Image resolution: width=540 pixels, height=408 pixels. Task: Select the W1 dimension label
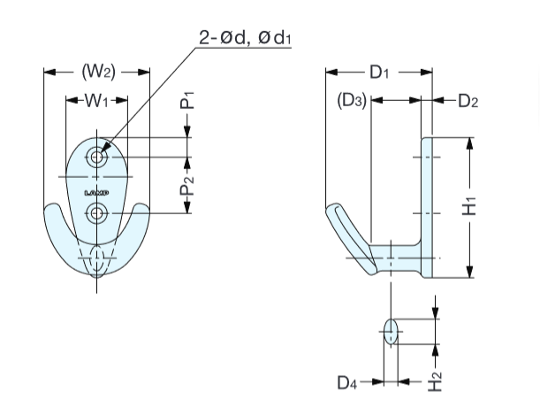pyautogui.click(x=96, y=101)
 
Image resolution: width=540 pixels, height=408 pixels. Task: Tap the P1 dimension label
pyautogui.click(x=188, y=98)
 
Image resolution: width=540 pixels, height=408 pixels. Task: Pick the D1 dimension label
pyautogui.click(x=379, y=73)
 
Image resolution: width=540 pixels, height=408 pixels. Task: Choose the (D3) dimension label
pyautogui.click(x=353, y=101)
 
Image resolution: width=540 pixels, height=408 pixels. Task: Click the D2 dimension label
pyautogui.click(x=468, y=101)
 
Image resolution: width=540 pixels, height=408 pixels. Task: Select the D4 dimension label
pyautogui.click(x=348, y=382)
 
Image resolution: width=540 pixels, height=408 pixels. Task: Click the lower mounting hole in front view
pyautogui.click(x=97, y=212)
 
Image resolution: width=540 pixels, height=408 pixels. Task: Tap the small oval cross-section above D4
pyautogui.click(x=390, y=332)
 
